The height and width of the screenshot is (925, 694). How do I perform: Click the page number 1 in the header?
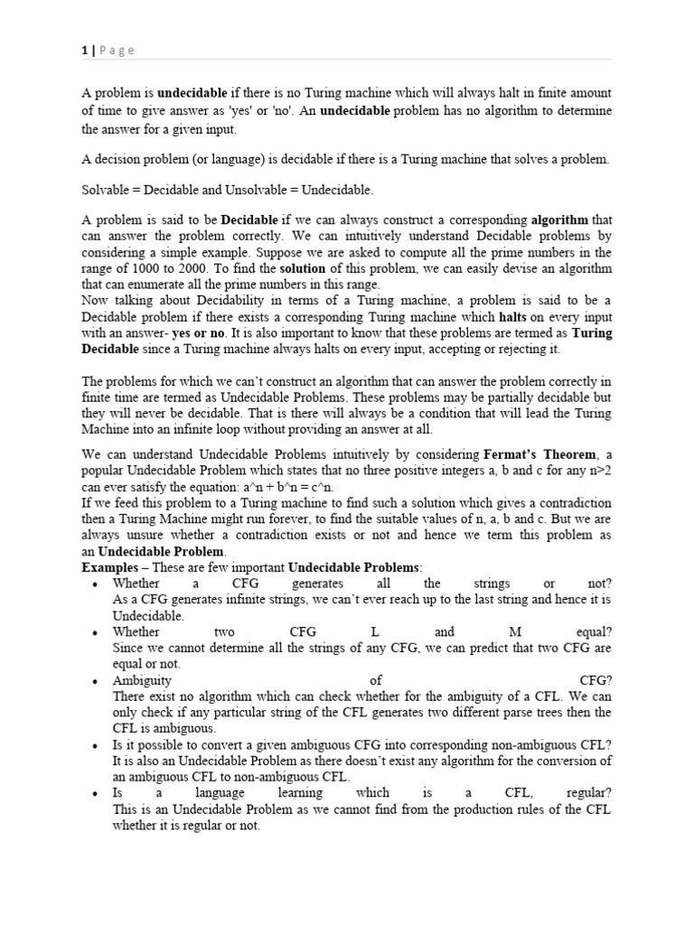click(84, 51)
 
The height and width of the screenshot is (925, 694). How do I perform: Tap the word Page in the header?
click(117, 51)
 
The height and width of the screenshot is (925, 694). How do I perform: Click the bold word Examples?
click(113, 567)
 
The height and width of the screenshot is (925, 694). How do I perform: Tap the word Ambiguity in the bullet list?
click(142, 680)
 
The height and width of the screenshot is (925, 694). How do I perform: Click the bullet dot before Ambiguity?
click(96, 680)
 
